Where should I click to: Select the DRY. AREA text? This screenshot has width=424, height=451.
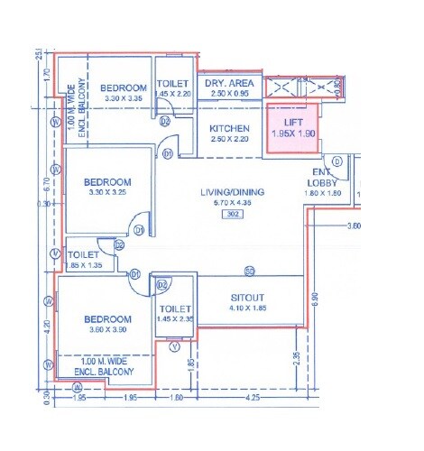(227, 82)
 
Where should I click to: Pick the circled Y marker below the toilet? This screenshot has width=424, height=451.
(174, 345)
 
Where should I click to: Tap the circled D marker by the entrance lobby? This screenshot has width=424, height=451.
(336, 161)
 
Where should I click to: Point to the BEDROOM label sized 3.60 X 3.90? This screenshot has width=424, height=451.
(107, 319)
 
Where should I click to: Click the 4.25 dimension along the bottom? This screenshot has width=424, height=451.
(254, 396)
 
